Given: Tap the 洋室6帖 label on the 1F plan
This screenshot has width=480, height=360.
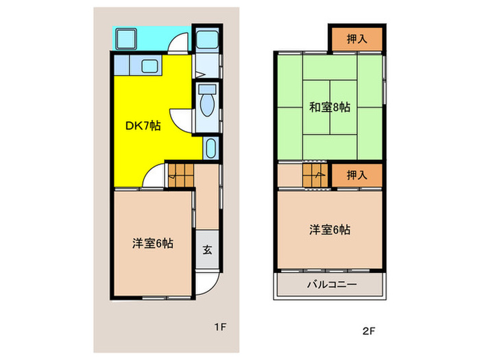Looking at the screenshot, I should pos(152,243).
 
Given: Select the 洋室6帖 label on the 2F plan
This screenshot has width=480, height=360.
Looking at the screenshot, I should pos(330,230).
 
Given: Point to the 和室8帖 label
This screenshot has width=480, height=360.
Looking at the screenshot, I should pos(329,107).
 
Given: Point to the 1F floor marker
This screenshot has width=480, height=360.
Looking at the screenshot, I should pos(219,327).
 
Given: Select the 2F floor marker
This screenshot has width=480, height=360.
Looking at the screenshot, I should pos(369,331).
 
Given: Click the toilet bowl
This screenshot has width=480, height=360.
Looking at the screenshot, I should pos(206,104).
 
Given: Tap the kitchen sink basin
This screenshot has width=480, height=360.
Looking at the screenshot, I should pos(148,66).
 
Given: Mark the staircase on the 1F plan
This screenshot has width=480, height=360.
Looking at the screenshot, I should pos(180,175).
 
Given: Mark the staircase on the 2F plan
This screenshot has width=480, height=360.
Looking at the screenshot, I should pos(317,175).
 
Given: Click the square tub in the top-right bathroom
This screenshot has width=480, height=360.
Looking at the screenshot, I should pos(207,39).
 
